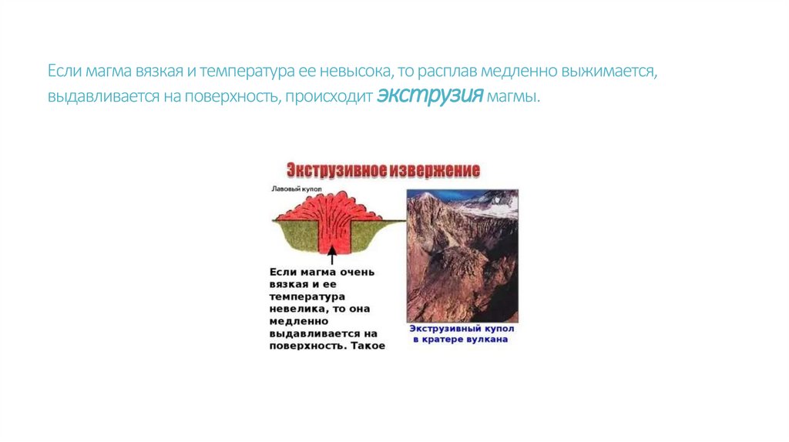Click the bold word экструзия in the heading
(x=430, y=97)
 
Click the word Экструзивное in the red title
(x=333, y=170)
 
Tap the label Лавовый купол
(x=294, y=189)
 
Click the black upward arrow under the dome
(x=332, y=251)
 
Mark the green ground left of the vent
(x=297, y=235)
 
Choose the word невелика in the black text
(x=297, y=308)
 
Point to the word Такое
(x=367, y=346)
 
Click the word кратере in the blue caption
(x=445, y=340)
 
